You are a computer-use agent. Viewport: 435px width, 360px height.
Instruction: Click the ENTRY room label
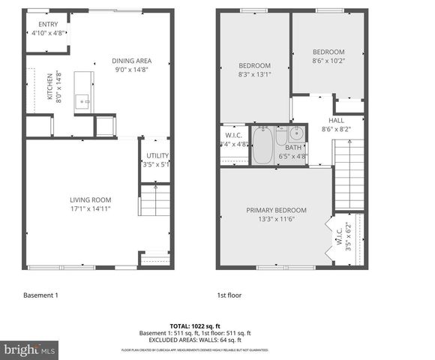[x=47, y=24]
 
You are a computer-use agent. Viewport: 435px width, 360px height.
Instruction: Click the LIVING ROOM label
[x=91, y=199]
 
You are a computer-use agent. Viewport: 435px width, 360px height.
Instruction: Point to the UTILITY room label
[x=157, y=155]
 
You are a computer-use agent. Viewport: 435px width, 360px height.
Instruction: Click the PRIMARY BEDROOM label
[x=277, y=210]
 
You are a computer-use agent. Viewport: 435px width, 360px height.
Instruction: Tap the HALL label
[x=336, y=119]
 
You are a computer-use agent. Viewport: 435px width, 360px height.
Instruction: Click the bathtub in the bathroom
[x=262, y=145]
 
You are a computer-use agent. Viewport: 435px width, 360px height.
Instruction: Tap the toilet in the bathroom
[x=280, y=136]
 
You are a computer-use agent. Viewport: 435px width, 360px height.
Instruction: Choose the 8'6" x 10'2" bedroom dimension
[x=328, y=61]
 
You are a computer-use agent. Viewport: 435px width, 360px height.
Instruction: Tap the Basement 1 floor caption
[x=40, y=295]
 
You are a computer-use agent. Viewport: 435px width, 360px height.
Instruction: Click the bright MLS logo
[x=28, y=349]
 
